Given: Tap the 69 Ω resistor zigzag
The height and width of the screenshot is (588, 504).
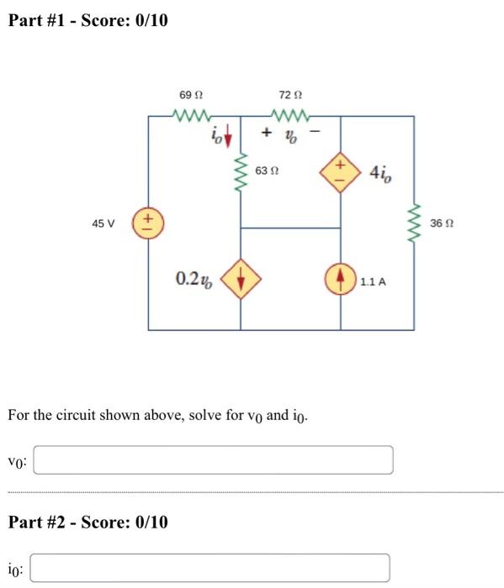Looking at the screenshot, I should click(x=194, y=116).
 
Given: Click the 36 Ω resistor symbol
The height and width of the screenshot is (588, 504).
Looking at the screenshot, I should click(x=413, y=223).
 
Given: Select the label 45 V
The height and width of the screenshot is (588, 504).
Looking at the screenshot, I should click(x=103, y=223).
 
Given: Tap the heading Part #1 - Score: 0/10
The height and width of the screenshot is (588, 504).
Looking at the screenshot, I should click(x=88, y=19).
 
